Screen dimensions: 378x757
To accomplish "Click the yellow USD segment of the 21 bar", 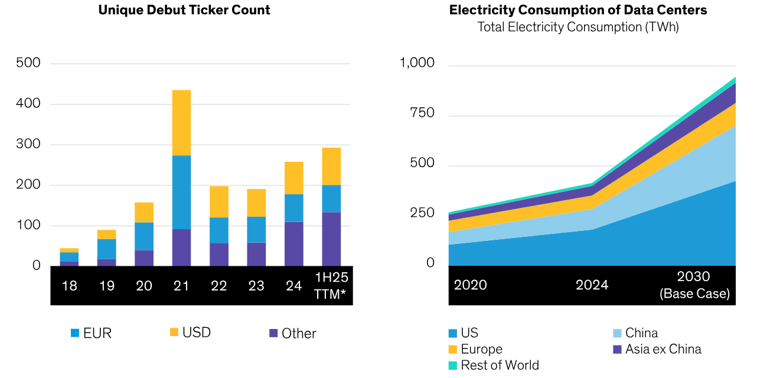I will coord(181,123).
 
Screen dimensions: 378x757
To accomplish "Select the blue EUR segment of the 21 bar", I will coord(181,192).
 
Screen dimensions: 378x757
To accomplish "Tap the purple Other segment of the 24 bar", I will coord(293,244).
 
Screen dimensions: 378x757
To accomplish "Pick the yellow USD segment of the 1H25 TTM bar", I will coord(331,166).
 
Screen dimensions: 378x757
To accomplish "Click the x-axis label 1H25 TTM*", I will coord(331,285).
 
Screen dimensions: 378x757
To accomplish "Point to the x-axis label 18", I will coord(70,286).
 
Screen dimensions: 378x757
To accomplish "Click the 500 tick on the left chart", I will coord(28,63).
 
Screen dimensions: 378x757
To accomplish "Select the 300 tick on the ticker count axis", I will coord(28,144).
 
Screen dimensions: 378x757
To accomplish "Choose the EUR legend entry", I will coord(91,333).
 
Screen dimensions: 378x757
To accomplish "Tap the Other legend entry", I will coord(292,333).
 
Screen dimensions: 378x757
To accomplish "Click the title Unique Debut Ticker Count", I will coord(184,10).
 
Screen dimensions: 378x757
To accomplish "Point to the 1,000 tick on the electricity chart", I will coord(417,63).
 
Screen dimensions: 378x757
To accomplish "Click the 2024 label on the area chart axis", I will coord(592,285).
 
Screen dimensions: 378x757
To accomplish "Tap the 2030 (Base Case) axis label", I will coord(694,285).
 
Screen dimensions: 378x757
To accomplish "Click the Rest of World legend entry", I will coord(493,365).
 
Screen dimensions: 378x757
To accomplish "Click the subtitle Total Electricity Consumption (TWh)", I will coord(577,27).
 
